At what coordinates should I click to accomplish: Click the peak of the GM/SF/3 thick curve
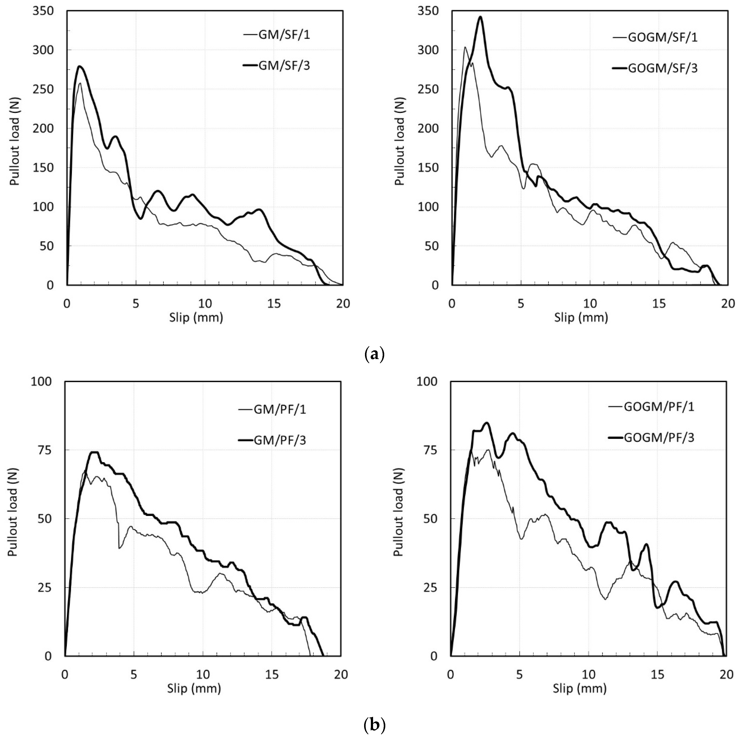pyautogui.click(x=80, y=66)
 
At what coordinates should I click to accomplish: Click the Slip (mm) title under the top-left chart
pyautogui.click(x=196, y=318)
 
